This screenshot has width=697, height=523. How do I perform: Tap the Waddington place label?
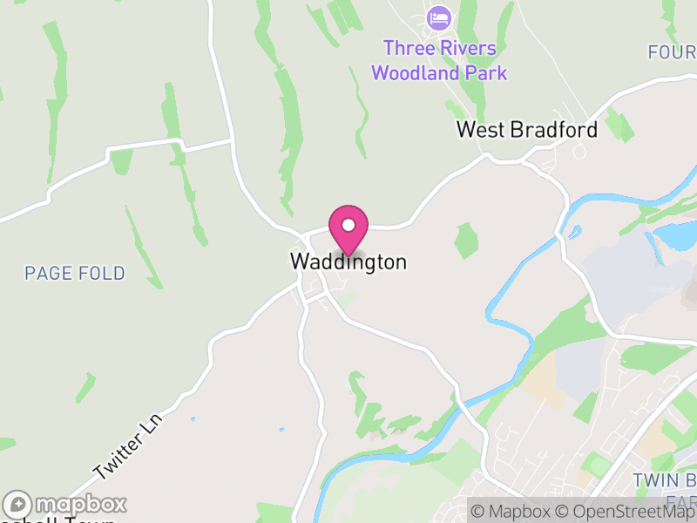point(348,261)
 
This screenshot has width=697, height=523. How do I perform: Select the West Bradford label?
point(527,130)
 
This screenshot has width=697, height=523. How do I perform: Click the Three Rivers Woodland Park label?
point(439,60)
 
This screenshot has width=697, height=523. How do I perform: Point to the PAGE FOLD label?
point(75,274)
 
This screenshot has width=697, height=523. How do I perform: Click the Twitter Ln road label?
point(128,445)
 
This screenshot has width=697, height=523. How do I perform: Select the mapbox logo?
point(65,505)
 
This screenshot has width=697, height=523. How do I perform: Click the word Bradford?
point(554,130)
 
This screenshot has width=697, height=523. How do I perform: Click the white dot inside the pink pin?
point(348,225)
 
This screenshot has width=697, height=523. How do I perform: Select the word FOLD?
point(100,274)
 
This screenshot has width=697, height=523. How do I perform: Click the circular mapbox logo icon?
point(17,505)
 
